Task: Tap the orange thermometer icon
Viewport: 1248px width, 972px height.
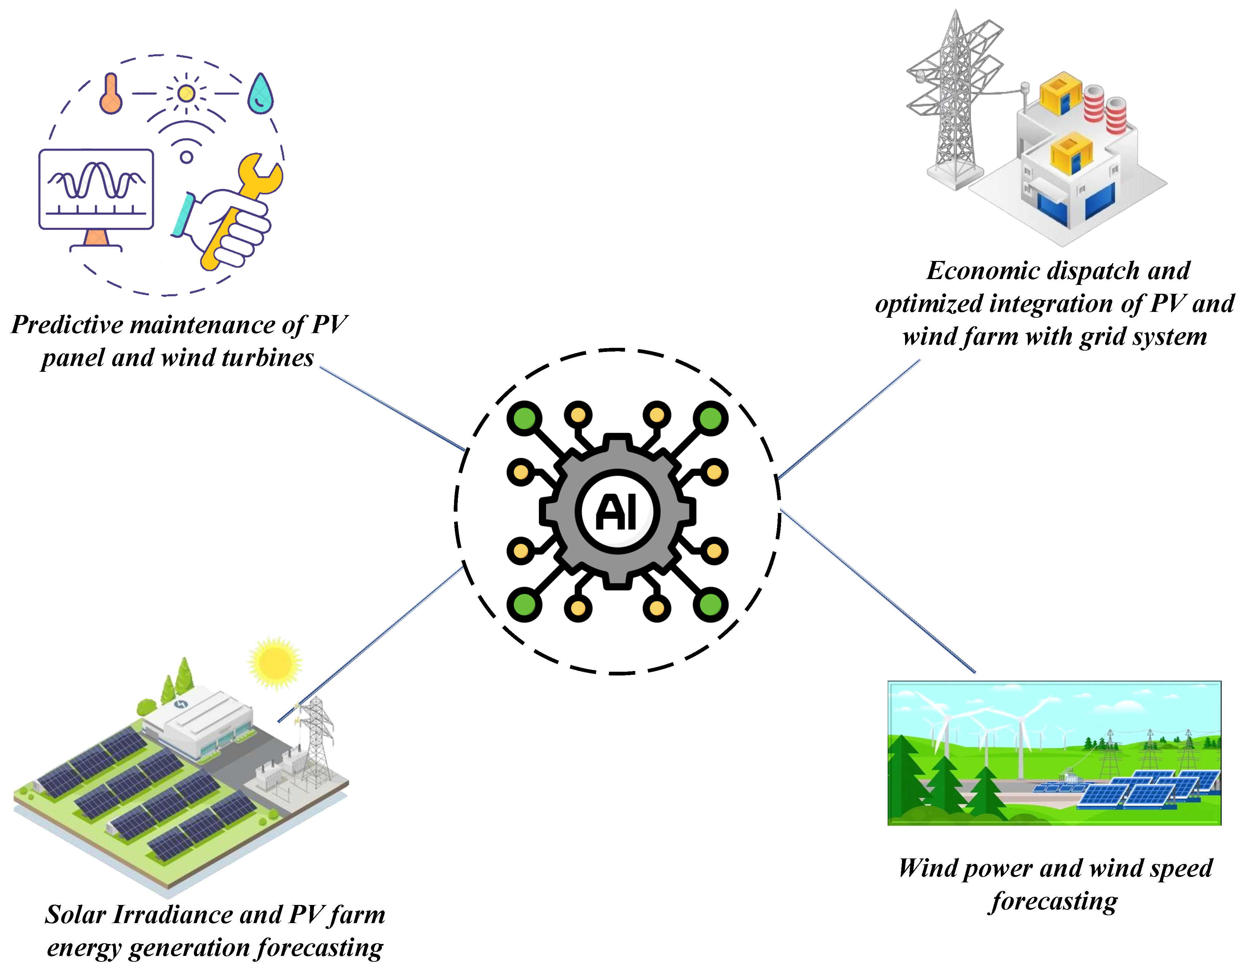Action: click(110, 94)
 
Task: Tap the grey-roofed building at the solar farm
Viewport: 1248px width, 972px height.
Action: click(197, 723)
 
